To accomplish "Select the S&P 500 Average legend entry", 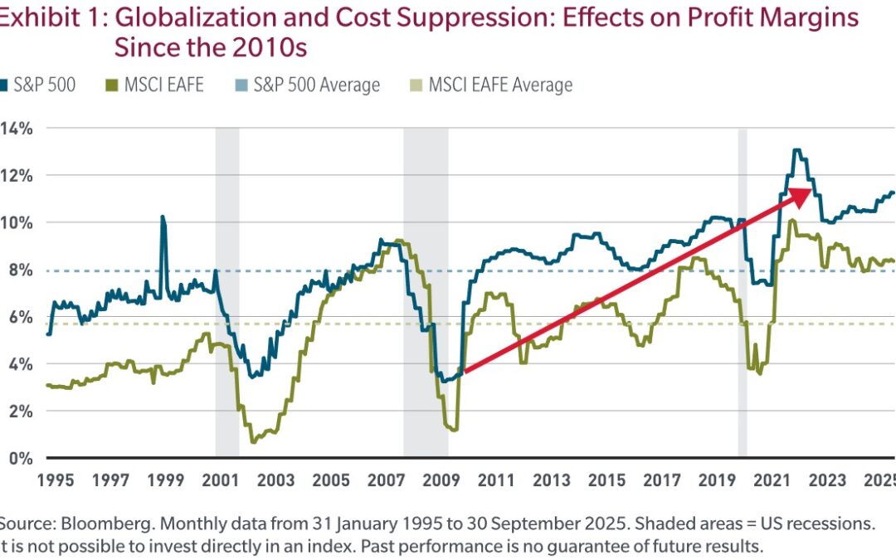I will tap(316, 85).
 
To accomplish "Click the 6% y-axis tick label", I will tap(18, 317).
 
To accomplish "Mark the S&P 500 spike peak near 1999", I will tap(163, 217).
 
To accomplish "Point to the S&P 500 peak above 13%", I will tap(796, 151).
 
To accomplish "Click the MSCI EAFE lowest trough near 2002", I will tap(252, 441).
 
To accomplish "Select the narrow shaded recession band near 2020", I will tap(743, 290).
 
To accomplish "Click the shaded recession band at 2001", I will tap(227, 290).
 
